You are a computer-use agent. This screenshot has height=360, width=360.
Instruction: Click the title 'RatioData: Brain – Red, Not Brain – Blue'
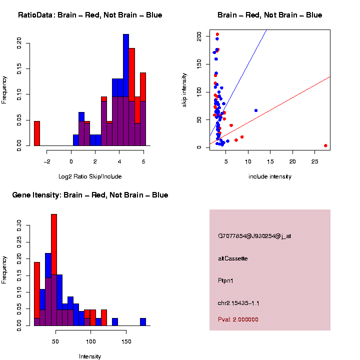(90, 15)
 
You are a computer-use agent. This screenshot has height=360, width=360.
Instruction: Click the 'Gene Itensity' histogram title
(90, 195)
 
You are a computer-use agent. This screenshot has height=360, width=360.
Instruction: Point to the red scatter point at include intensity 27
(325, 145)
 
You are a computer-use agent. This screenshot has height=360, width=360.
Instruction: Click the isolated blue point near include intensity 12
(256, 110)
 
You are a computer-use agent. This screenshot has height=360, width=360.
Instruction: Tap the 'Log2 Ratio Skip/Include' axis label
(90, 176)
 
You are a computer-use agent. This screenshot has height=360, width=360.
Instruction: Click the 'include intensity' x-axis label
(270, 176)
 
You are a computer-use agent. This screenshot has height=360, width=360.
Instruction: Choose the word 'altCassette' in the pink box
(233, 258)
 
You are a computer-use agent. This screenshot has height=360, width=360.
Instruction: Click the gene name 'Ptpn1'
(226, 280)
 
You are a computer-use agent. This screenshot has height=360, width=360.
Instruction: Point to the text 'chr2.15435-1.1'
(238, 303)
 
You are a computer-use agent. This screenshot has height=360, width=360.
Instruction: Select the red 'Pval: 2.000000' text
(238, 319)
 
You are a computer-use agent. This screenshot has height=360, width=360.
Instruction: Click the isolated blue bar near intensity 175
(143, 322)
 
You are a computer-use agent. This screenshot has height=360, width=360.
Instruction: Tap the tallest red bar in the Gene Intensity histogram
(54, 270)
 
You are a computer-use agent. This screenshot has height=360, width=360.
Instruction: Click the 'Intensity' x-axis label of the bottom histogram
(90, 356)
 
